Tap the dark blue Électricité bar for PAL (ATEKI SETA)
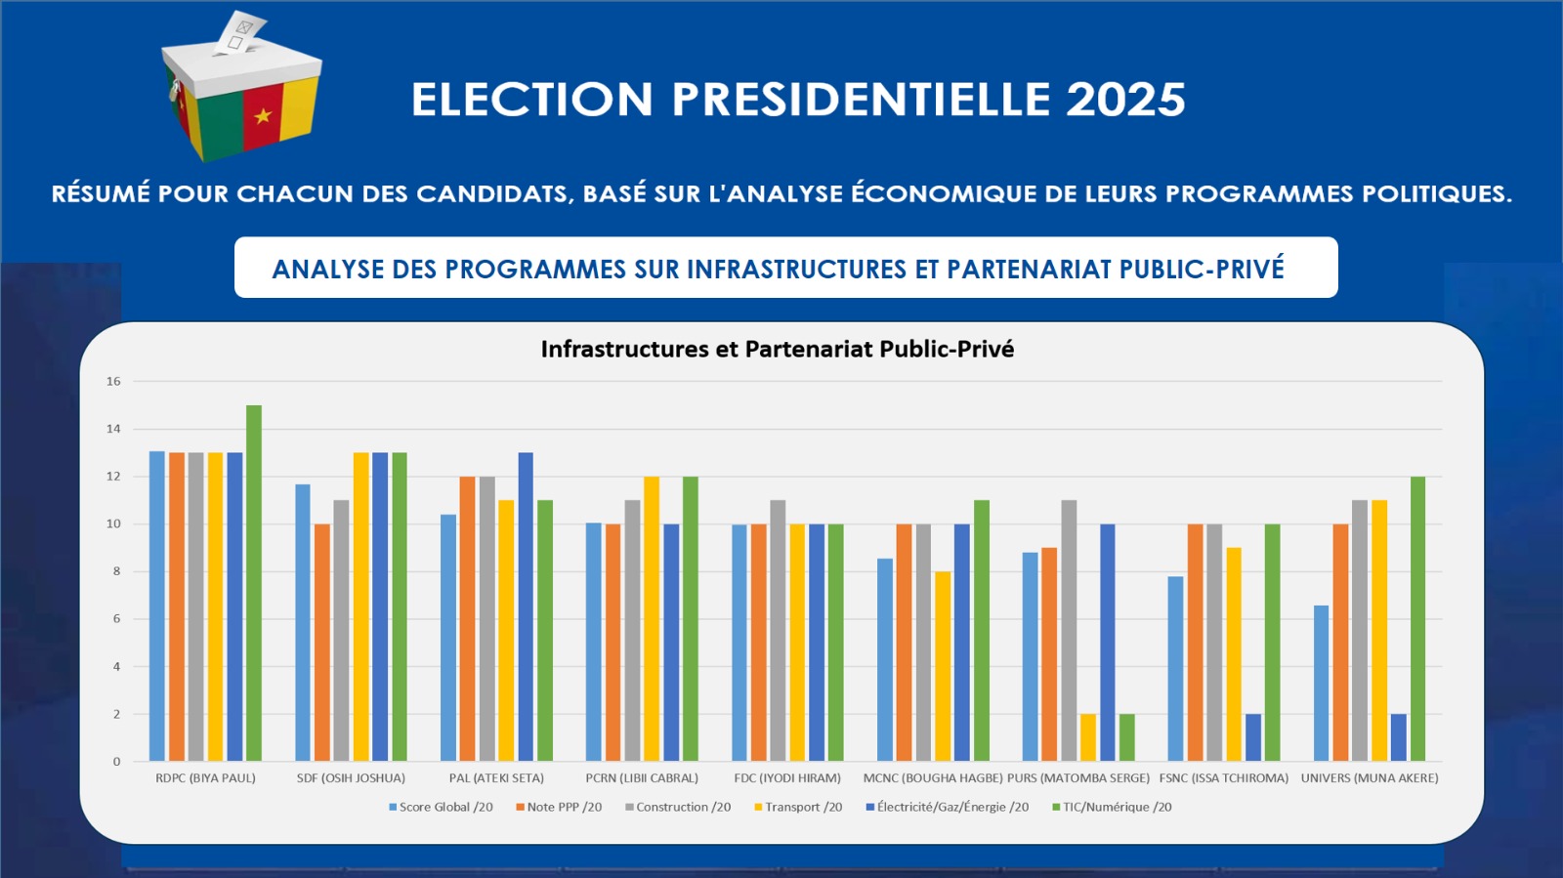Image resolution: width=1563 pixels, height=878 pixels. coord(526,606)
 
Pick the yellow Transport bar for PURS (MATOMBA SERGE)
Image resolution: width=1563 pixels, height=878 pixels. coord(1088,737)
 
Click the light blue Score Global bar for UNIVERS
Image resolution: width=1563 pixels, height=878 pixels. coord(1321,684)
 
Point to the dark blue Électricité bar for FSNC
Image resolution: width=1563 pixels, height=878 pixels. coord(1253,737)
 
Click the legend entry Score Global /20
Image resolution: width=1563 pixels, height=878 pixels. coord(441,807)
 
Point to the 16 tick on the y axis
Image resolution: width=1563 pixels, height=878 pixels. coord(113,381)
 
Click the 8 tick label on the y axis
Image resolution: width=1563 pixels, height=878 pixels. coord(116,571)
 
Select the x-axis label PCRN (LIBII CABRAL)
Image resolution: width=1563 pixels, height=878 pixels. coord(642,778)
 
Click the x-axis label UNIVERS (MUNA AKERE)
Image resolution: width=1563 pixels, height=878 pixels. coord(1370,778)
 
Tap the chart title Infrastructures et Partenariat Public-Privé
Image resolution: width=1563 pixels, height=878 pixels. coord(778,349)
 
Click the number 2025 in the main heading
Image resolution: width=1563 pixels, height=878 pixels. coord(1125,100)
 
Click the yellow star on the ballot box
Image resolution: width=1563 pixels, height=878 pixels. coord(262,116)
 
